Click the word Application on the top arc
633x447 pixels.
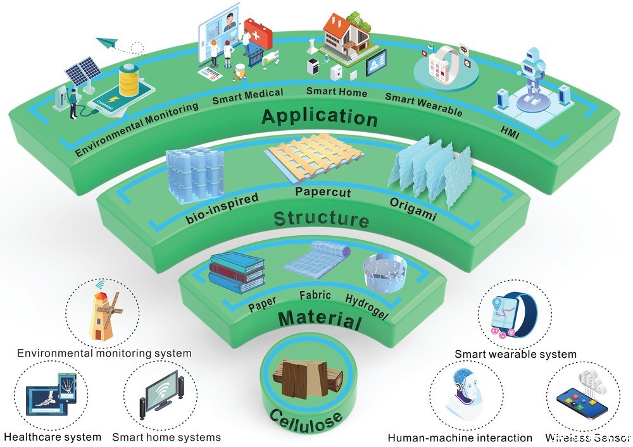tap(319, 117)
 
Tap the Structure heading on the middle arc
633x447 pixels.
tap(321, 219)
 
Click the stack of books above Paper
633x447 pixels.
tap(235, 271)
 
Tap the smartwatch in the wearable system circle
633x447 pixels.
tap(514, 313)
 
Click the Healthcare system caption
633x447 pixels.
tap(53, 437)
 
